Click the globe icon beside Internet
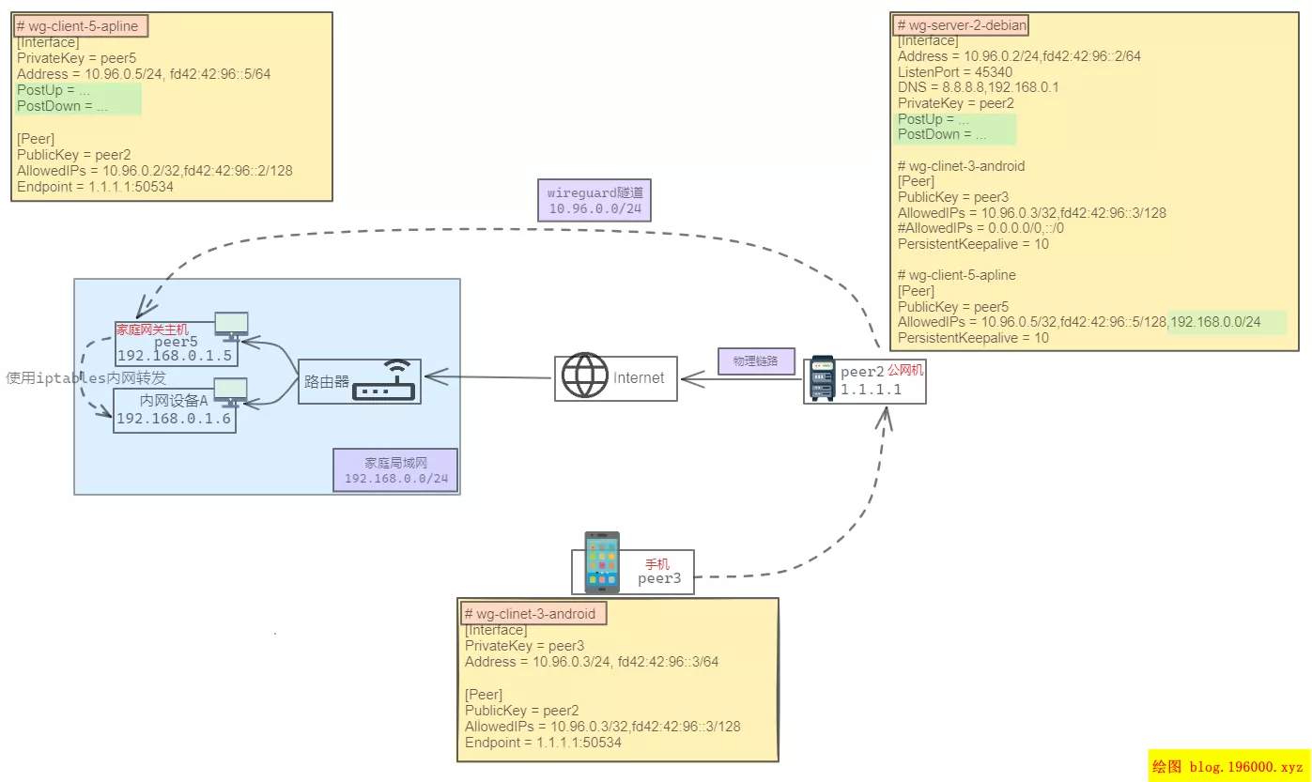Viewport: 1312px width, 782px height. click(x=584, y=376)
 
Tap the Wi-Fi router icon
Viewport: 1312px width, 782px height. click(x=385, y=380)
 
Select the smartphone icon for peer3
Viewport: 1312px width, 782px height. click(x=602, y=562)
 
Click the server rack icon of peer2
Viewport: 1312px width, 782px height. click(x=822, y=378)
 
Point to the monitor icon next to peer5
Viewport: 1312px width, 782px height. click(x=231, y=325)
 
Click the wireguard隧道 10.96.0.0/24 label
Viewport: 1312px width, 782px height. click(x=594, y=200)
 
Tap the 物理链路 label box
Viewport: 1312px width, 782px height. click(x=756, y=361)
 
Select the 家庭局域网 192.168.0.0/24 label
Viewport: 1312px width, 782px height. click(x=395, y=469)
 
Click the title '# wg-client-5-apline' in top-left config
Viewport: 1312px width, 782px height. click(x=83, y=26)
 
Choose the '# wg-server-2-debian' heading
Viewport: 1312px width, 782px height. click(x=962, y=25)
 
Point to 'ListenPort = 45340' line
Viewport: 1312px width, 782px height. click(x=954, y=71)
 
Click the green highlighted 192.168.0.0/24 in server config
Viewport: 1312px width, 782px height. click(x=1227, y=322)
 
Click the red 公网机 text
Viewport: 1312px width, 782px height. click(x=905, y=371)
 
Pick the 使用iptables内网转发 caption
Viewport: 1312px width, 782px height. click(x=86, y=377)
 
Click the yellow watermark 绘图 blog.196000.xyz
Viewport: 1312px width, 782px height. click(x=1228, y=766)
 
